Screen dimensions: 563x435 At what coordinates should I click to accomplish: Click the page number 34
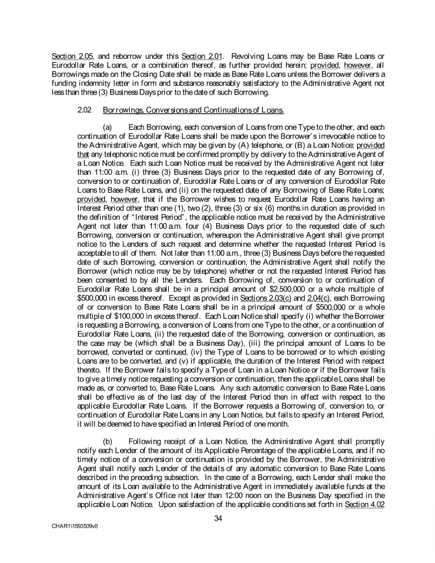[x=217, y=518]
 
